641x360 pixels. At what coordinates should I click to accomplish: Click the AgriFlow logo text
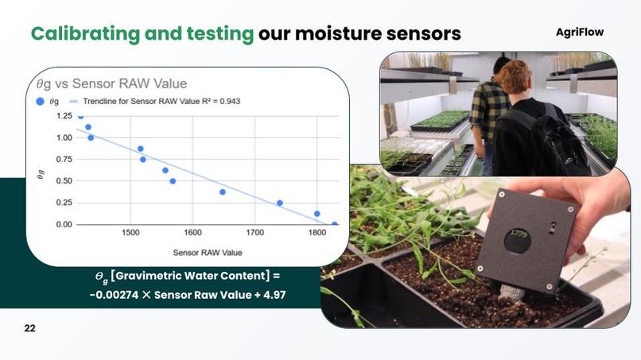tap(579, 32)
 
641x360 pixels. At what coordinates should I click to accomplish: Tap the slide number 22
tap(29, 327)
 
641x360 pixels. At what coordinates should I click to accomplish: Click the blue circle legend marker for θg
tap(41, 102)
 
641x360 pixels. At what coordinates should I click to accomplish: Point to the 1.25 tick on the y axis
tap(63, 116)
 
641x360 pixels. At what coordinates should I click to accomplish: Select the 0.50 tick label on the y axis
tap(63, 181)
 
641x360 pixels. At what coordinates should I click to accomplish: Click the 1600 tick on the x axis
tap(192, 233)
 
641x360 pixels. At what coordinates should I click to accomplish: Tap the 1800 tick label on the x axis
tap(317, 233)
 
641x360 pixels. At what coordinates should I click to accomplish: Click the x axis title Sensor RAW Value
tap(208, 252)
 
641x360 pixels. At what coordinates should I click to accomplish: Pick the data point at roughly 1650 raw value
tap(223, 192)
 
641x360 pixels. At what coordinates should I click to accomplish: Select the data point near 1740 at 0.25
tap(279, 203)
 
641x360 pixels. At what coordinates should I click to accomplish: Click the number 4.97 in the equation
tap(271, 295)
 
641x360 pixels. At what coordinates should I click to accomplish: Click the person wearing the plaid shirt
tap(488, 111)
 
